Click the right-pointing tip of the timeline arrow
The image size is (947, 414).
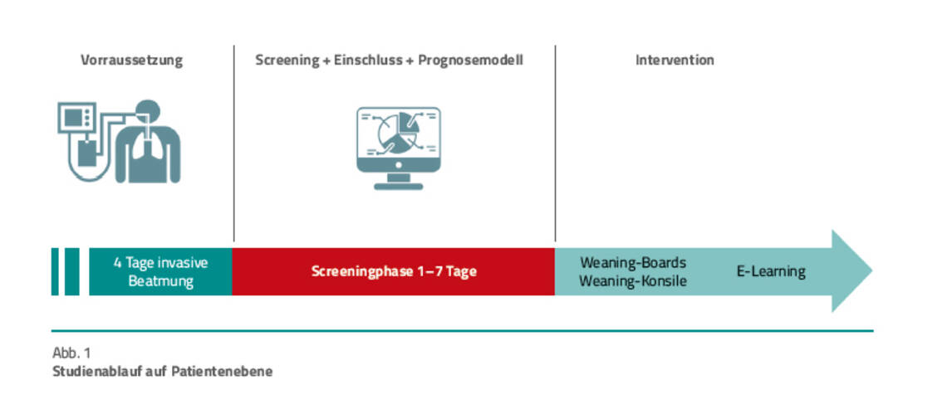point(872,271)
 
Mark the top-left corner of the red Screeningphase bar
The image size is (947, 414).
point(233,248)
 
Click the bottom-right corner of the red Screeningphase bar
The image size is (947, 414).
point(555,295)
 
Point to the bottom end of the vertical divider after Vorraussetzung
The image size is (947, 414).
point(233,241)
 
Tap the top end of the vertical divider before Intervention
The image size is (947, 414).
point(555,46)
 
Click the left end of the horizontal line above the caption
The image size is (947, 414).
point(52,331)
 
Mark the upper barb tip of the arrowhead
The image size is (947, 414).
point(833,231)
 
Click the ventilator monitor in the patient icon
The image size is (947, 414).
point(76,117)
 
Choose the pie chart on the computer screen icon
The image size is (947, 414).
point(398,132)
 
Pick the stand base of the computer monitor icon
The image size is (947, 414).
point(399,186)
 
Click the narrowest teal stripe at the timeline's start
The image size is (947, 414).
point(55,271)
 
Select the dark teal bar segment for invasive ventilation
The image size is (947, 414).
point(160,271)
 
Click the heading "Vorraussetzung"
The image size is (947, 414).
point(131,61)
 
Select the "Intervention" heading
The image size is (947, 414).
point(675,61)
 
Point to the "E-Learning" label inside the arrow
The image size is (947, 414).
point(771,271)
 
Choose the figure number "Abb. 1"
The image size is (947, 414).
point(71,353)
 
